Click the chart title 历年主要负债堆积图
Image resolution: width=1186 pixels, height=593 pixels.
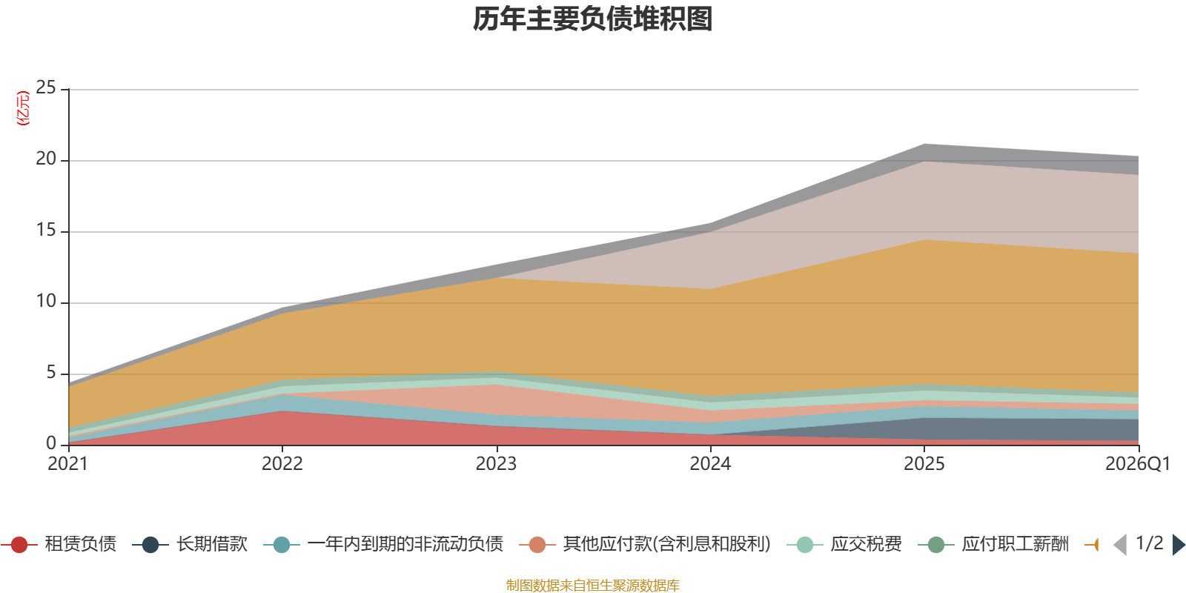[x=593, y=19]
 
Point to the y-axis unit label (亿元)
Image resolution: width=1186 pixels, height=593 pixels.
[x=23, y=108]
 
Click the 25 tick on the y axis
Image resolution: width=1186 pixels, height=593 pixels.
[x=46, y=88]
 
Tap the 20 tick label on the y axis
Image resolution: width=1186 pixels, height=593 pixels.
[x=46, y=159]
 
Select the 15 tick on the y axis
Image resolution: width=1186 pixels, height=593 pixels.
[x=46, y=231]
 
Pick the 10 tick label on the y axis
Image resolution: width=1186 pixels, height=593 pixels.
[x=46, y=302]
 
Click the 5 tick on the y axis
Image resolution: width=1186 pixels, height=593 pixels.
[x=51, y=373]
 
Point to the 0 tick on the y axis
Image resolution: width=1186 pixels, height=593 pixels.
[x=51, y=444]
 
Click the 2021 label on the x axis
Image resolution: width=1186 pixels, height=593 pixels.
[x=67, y=464]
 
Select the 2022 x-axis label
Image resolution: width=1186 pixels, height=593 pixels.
[x=282, y=464]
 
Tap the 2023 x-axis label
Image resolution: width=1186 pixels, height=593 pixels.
[x=496, y=464]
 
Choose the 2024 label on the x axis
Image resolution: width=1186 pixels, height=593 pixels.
[x=710, y=464]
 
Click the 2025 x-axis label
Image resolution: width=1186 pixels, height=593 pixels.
[x=924, y=464]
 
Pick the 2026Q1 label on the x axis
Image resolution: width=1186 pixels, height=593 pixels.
[x=1137, y=464]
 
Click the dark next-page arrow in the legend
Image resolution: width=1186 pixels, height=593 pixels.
[x=1179, y=545]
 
